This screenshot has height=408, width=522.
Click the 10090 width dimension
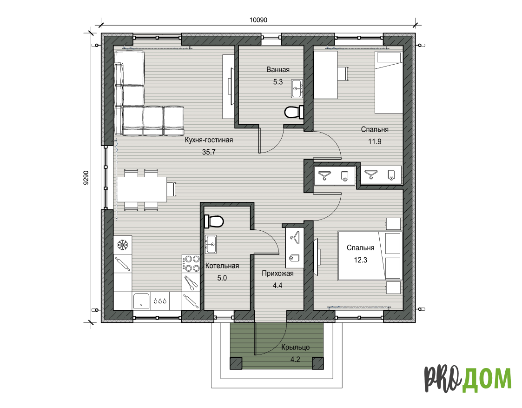[258, 20]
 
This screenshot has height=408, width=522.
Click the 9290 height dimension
[86, 178]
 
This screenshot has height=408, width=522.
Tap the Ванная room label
[278, 70]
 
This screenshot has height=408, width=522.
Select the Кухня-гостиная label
[209, 140]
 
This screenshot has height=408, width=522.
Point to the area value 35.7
[209, 152]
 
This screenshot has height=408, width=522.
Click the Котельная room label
[222, 266]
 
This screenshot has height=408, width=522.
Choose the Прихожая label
[278, 274]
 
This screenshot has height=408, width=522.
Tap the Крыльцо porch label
[295, 348]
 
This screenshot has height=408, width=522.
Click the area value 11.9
[375, 141]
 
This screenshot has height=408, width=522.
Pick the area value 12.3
[361, 260]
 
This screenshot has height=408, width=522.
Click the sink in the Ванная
[297, 88]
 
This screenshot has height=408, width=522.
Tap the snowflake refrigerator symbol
[123, 245]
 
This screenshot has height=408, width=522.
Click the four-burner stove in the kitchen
[191, 264]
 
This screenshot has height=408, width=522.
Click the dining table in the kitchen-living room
[142, 189]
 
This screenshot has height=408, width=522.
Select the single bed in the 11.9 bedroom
[389, 82]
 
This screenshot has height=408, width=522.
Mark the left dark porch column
[236, 363]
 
